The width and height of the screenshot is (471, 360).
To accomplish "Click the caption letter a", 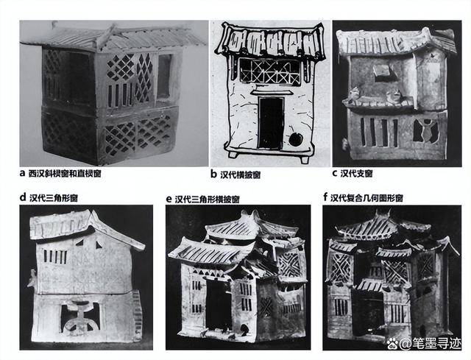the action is (x=22, y=173).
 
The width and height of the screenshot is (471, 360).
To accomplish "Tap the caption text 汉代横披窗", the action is (x=241, y=175).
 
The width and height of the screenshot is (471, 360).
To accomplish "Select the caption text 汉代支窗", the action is (x=356, y=174).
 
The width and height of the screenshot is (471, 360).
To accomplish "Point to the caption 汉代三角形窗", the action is (x=54, y=198).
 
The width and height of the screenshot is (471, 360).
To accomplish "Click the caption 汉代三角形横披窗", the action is (x=207, y=200).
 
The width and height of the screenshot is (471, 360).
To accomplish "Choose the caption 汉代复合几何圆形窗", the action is (x=366, y=198).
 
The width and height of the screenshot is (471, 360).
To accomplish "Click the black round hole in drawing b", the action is (x=296, y=139).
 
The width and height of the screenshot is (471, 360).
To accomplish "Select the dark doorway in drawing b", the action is (x=272, y=123).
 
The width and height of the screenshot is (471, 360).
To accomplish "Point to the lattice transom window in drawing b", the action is (x=270, y=71).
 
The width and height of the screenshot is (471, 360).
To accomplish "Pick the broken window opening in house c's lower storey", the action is (x=426, y=131).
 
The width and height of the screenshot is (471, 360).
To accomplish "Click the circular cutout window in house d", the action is (x=80, y=318).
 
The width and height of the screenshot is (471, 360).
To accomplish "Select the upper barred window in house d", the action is (x=55, y=257).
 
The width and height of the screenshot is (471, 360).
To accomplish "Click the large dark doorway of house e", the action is (x=219, y=303).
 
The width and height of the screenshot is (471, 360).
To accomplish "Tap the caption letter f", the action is (x=325, y=197).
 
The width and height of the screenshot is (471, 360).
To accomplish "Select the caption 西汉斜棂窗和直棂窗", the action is (x=65, y=174).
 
